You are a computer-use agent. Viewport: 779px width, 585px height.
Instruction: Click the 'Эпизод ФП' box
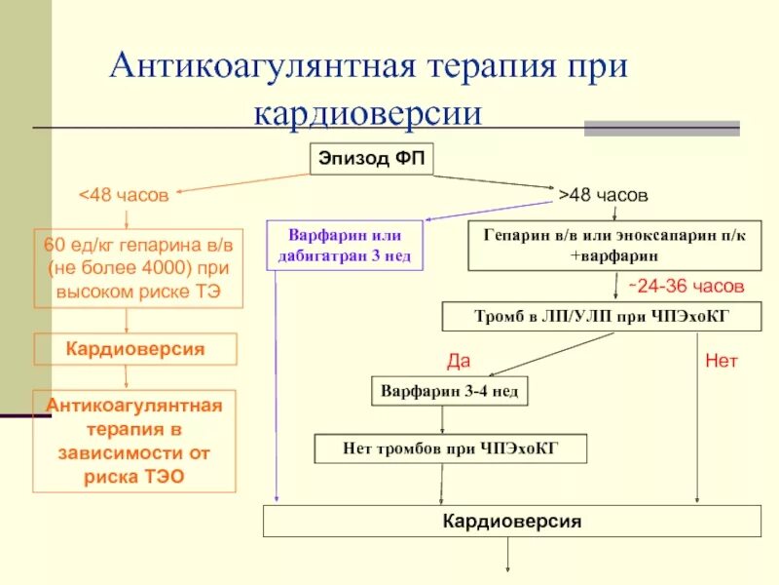pos(372,159)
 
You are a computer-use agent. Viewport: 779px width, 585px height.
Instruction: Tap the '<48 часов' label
pos(124,195)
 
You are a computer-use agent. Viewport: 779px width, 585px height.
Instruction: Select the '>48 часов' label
pos(603,195)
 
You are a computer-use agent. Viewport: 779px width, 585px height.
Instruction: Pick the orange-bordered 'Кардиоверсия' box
pos(135,349)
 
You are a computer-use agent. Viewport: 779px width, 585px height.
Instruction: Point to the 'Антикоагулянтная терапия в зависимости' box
pos(135,441)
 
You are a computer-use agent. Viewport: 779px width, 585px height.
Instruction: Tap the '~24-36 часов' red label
pos(684,287)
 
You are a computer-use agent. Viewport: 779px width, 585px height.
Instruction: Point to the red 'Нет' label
pos(722,361)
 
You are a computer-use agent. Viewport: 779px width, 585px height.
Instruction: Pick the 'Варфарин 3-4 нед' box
pos(449,392)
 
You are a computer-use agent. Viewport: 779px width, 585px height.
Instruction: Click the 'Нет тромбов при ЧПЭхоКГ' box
pos(451,448)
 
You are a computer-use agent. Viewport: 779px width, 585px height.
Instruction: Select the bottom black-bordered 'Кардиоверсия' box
pos(511,522)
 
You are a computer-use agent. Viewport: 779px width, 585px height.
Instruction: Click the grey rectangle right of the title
pos(661,128)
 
